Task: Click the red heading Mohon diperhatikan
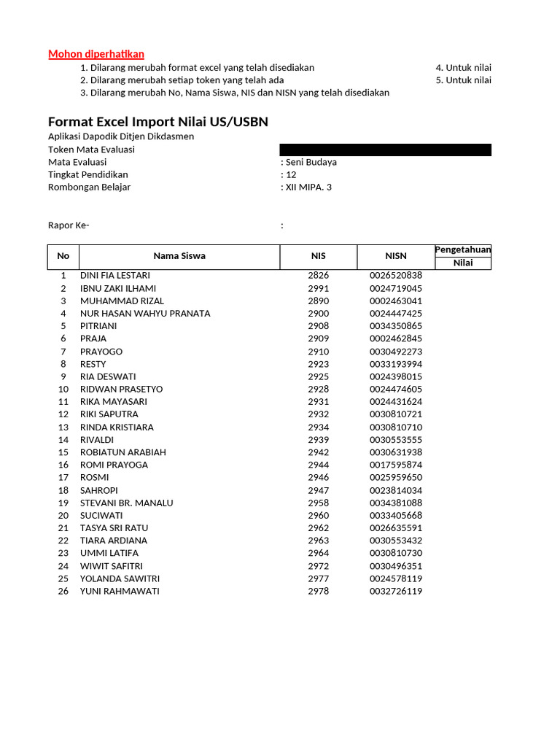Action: click(96, 54)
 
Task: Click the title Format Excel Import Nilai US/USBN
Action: click(158, 122)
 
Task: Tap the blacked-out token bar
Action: click(386, 150)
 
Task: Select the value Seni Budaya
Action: click(311, 162)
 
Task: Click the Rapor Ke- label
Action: click(69, 225)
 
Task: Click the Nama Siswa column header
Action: click(179, 256)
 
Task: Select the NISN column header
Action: click(396, 256)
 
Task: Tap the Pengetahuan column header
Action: click(463, 250)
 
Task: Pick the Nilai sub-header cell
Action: click(463, 263)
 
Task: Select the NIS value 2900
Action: click(318, 314)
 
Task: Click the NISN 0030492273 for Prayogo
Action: click(396, 352)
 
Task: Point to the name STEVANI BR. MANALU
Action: click(128, 503)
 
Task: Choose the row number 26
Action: click(63, 592)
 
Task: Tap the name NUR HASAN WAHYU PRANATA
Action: click(145, 314)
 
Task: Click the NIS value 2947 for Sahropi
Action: click(318, 491)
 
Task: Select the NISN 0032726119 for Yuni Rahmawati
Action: click(396, 592)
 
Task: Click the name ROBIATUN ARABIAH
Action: click(123, 452)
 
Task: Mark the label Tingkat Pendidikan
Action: click(88, 175)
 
